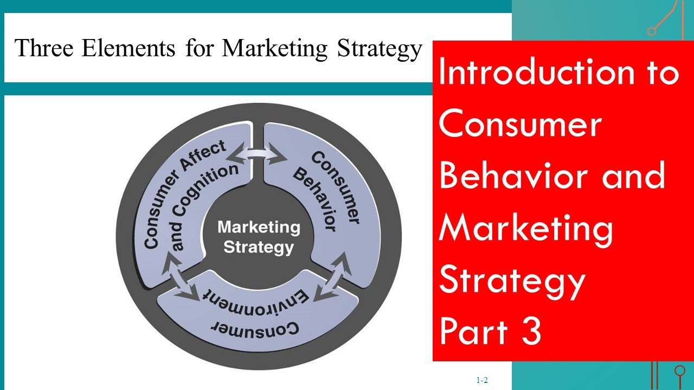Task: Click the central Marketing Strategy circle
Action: tap(259, 237)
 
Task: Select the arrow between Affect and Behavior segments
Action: tap(258, 155)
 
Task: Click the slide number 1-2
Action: tap(482, 380)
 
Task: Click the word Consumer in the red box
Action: tap(519, 125)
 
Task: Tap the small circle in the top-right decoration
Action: tap(652, 31)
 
